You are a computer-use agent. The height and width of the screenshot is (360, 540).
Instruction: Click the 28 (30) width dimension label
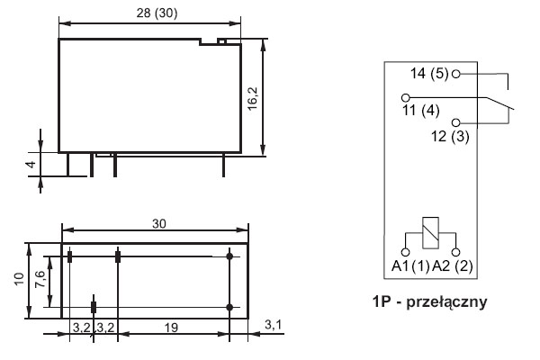[x=157, y=13]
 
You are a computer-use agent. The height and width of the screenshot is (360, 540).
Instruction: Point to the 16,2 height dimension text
[x=253, y=98]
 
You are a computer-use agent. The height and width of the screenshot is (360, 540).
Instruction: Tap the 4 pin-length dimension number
[x=31, y=164]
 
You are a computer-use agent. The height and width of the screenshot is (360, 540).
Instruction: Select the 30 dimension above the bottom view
[x=159, y=224]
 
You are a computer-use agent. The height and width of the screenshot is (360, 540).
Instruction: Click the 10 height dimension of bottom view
[x=20, y=279]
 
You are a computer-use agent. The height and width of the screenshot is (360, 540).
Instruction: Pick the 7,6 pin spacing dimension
[x=40, y=279]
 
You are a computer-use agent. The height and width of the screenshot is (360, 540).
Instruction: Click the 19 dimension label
[x=171, y=328]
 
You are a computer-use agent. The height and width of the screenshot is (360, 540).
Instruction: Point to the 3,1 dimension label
[x=274, y=325]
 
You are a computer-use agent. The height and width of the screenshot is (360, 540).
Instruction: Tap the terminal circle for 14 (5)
[x=455, y=74]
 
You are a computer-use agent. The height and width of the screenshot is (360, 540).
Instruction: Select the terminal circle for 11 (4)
[x=406, y=97]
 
